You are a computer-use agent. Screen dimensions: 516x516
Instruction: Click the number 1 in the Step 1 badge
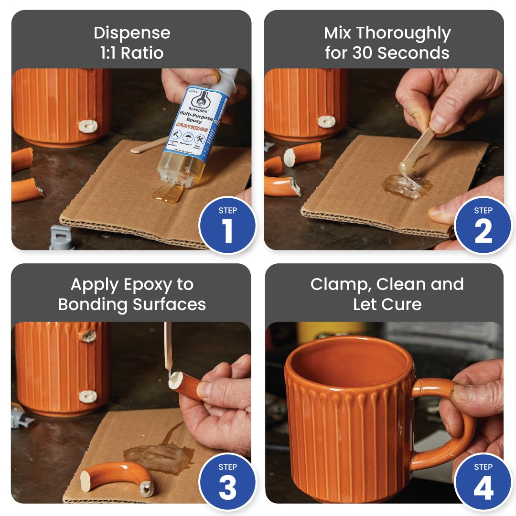point(227,231)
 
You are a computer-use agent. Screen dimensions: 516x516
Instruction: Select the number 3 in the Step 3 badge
point(227,487)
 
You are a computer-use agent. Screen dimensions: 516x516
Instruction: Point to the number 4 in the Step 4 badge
point(483,487)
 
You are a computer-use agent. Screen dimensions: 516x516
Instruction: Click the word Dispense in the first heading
point(132,33)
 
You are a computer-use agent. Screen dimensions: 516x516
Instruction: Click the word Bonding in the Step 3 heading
point(88,304)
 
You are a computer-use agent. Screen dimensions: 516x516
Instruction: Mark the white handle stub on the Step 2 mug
point(326,121)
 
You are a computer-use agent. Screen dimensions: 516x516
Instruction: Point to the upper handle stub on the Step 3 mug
point(87,335)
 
